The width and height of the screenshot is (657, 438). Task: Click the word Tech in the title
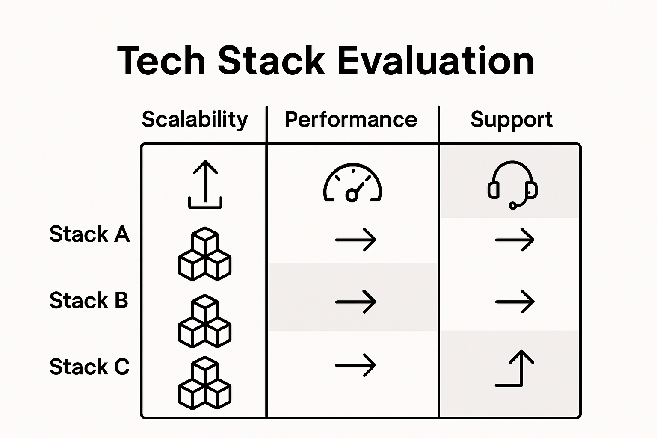coord(161,61)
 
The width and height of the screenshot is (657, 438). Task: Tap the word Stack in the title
coord(271,61)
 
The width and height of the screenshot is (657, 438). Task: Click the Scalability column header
coord(195,119)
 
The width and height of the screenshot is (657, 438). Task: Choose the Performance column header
coord(351,119)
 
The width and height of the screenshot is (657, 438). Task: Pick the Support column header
coord(511,119)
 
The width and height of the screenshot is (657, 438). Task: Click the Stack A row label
coord(89,234)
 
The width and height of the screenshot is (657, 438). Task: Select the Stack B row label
coord(89,300)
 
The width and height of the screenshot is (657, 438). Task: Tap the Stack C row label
coord(89,367)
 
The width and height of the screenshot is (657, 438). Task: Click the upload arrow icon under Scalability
coord(205,184)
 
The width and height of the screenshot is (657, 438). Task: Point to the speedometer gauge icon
coord(352,183)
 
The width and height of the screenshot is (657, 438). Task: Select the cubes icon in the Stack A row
coord(204,254)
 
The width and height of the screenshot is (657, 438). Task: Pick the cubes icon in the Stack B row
coord(204,321)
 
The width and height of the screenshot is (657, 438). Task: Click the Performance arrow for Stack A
coord(356,240)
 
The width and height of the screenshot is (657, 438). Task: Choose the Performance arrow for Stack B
coord(356,302)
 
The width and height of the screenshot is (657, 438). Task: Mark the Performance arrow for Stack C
coord(355,365)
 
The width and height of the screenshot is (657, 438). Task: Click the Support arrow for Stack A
coord(515,240)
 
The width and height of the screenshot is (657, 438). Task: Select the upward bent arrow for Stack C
coord(515,368)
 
